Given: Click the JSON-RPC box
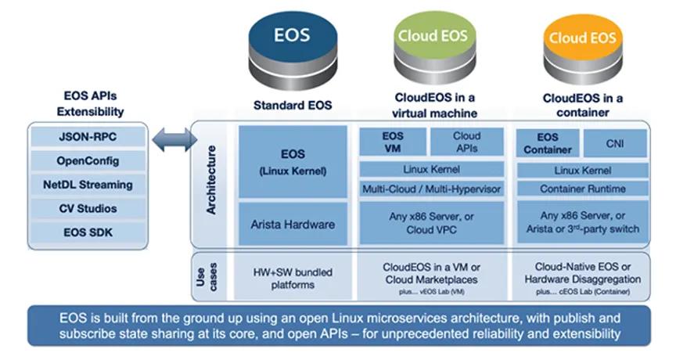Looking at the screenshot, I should pos(88,137).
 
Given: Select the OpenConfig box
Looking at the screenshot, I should pos(88,161).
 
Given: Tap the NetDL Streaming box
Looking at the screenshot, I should pos(88,185).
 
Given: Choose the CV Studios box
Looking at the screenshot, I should pos(88,209).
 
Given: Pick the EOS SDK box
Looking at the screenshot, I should pos(88,232).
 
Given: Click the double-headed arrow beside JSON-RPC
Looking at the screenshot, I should pos(171,142).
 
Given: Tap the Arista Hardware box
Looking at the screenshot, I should pos(293,225).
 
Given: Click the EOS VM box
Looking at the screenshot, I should pos(393,142).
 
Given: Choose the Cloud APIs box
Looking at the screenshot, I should pos(467,142).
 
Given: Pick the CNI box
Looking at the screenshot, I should pos(614,142).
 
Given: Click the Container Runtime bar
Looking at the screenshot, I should pos(582,189).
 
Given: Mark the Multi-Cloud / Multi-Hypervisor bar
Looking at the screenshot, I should pos(431,189).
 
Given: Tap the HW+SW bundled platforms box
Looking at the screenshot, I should pos(293,278).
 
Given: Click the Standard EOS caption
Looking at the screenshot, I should pos(293,105).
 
